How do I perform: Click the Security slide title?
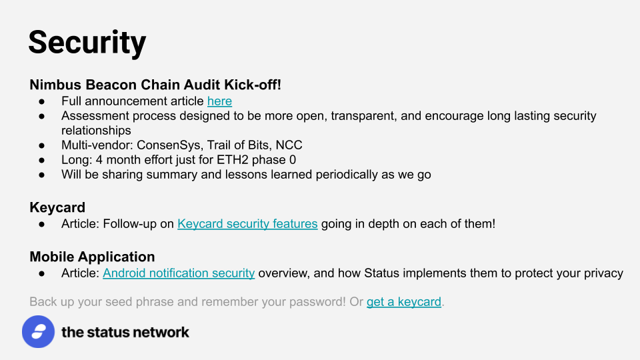pos(87,43)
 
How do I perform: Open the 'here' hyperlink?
pos(219,101)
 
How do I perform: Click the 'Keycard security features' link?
pos(247,224)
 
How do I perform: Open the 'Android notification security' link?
pos(179,273)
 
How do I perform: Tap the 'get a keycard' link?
pos(404,301)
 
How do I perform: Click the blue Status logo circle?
pos(39,331)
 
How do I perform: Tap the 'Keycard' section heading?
pos(57,207)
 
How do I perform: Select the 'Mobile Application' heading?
pos(92,257)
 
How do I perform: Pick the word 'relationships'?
pos(96,130)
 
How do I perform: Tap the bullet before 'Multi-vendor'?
pos(41,145)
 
